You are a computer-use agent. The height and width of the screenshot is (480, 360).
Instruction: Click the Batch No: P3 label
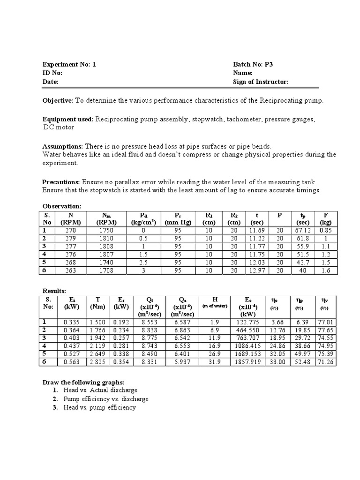(x=252, y=65)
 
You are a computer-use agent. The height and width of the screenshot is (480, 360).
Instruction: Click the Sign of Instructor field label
(x=261, y=82)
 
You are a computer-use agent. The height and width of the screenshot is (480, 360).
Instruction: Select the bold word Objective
(x=58, y=101)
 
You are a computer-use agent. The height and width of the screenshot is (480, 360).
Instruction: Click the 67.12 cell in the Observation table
(x=303, y=231)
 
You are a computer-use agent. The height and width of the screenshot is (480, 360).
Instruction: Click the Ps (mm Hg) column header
(x=178, y=218)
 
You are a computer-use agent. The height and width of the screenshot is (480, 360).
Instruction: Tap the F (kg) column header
(x=325, y=218)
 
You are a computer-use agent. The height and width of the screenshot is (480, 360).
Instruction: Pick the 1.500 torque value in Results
(x=97, y=322)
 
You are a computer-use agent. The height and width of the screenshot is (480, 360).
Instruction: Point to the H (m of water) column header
(x=214, y=302)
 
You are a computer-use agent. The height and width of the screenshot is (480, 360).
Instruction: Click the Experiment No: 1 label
(x=69, y=65)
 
